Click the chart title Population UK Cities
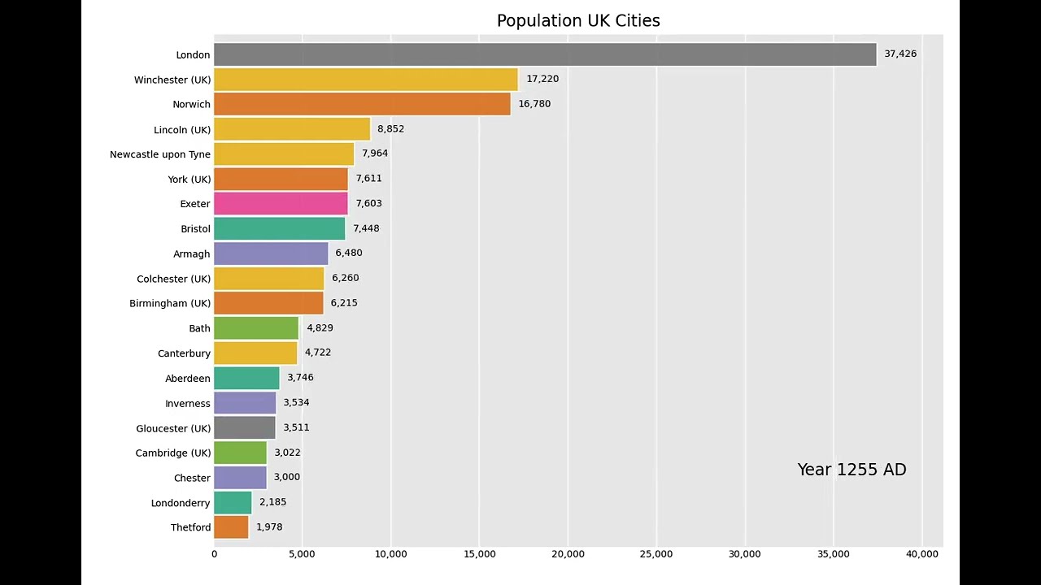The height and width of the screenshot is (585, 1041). [578, 21]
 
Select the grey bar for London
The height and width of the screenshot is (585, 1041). [545, 54]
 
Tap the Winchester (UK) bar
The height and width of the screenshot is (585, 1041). [366, 80]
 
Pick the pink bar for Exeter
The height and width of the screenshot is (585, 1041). [281, 204]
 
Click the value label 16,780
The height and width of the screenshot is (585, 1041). [534, 104]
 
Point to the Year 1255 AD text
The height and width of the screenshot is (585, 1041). [852, 470]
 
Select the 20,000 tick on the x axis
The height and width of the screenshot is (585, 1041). [568, 554]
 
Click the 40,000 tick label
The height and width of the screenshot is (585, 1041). [921, 554]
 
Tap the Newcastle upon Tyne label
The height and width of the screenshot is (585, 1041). [160, 154]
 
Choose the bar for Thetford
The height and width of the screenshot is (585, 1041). [231, 527]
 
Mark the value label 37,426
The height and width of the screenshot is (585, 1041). [900, 54]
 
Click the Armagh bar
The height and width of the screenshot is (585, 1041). [271, 253]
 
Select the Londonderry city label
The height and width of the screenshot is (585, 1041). [181, 503]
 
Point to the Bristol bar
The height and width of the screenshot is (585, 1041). [280, 229]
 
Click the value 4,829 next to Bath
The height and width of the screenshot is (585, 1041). [320, 328]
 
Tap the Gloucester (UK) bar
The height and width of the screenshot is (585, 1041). [245, 428]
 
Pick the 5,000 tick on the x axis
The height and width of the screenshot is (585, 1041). [302, 554]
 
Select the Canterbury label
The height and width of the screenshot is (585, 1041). [184, 353]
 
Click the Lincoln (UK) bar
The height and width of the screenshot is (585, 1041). [292, 129]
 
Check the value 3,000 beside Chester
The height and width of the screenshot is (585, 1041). [287, 477]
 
